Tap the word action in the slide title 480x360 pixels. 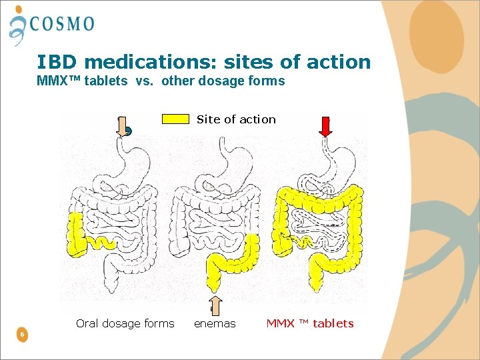coord(338,63)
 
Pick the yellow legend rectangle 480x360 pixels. coord(175,119)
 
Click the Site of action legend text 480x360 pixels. coord(236,119)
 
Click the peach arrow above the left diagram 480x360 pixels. coord(121,126)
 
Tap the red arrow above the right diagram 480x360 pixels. coord(325,127)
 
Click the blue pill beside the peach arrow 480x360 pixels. coord(129,132)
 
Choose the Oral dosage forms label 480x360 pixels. coord(125,324)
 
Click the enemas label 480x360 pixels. coord(215,324)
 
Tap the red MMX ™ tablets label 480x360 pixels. coord(310,324)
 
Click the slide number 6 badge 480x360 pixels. coord(23,334)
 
